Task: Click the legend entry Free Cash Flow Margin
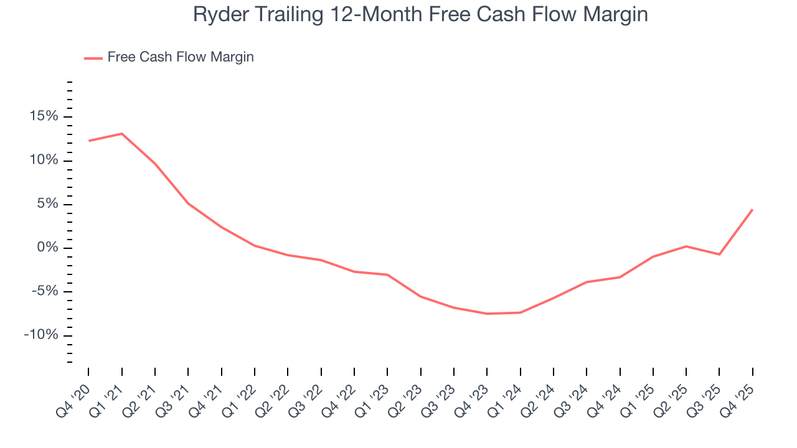180,57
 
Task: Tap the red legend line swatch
93,58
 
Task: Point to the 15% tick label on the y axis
43,117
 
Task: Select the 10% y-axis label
43,161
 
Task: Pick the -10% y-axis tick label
40,335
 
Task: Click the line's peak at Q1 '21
121,134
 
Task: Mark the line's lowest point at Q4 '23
487,314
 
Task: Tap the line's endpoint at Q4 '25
752,210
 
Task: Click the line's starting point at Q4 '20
88,141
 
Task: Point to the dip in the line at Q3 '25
719,254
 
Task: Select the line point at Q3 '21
188,203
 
